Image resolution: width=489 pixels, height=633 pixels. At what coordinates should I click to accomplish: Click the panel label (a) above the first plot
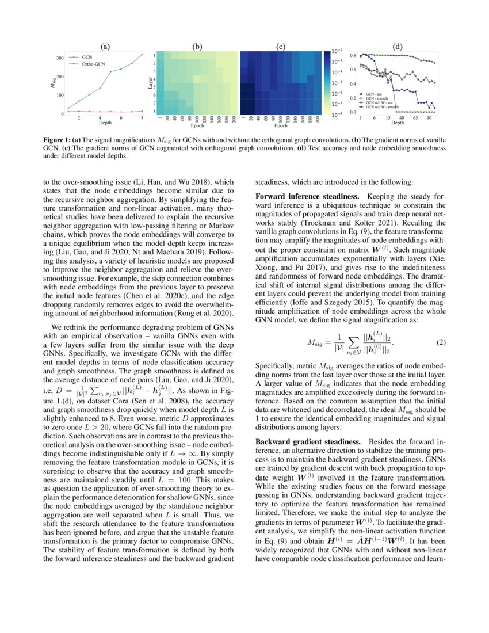point(105,47)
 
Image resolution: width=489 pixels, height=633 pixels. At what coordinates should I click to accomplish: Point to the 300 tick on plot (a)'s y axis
point(60,58)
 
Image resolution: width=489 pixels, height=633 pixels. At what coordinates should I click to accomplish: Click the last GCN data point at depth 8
point(142,54)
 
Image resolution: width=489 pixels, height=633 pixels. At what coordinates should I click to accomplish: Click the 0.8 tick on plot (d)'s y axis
point(353,55)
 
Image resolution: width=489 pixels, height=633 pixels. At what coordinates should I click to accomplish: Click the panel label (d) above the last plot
point(398,47)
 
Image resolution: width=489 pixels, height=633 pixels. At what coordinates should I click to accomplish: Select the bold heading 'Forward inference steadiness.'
point(308,197)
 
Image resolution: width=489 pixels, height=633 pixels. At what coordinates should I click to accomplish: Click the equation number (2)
point(440,343)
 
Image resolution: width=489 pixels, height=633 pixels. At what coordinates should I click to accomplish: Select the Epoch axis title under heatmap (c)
point(281,125)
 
